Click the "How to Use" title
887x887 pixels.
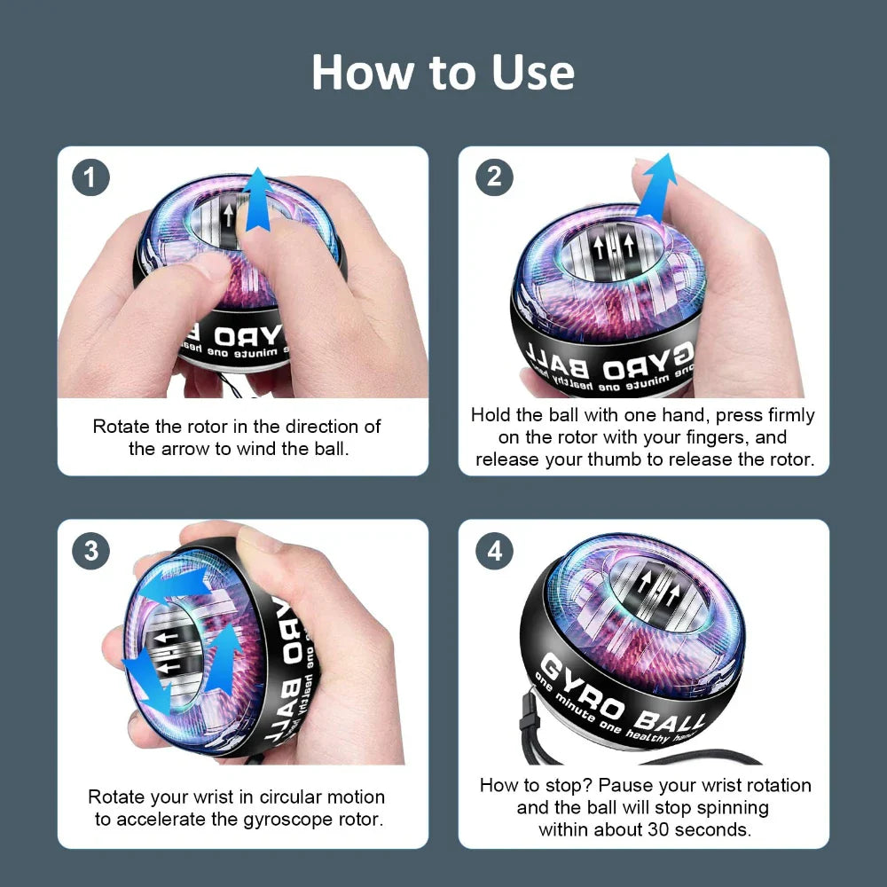coord(443,73)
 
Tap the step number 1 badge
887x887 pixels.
coord(90,178)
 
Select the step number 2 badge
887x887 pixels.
coord(494,178)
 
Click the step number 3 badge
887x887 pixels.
coord(90,551)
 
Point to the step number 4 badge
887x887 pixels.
coord(494,551)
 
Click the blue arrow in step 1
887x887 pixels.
coord(258,199)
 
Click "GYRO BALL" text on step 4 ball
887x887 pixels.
coord(621,695)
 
